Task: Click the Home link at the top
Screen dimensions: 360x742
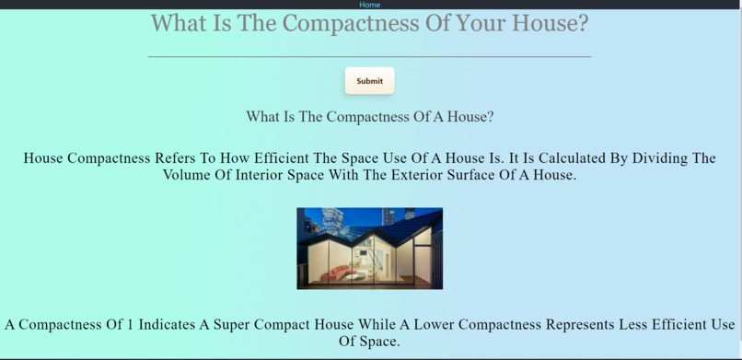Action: [x=369, y=5]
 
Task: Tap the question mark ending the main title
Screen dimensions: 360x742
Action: [x=582, y=23]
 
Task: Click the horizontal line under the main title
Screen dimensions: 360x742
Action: [x=369, y=57]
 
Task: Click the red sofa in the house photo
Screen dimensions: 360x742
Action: [x=341, y=273]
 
